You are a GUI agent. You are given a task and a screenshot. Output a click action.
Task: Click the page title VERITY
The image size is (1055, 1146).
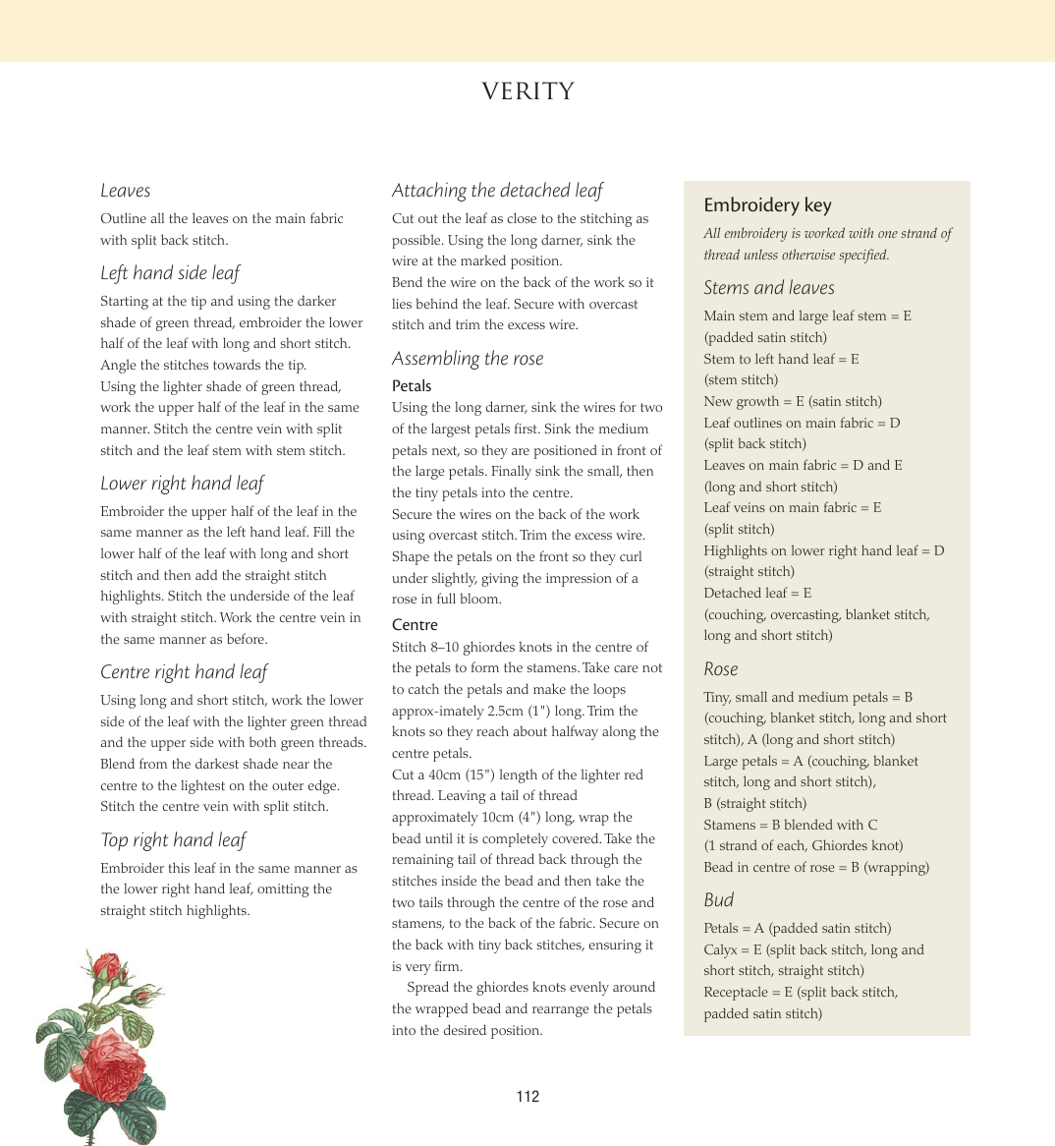pyautogui.click(x=527, y=91)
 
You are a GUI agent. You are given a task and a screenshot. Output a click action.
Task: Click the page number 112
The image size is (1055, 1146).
pyautogui.click(x=527, y=1097)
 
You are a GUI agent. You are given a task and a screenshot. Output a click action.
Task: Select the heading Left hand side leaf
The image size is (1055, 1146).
pyautogui.click(x=170, y=273)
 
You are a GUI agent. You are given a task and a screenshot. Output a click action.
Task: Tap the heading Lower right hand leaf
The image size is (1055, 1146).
pyautogui.click(x=182, y=484)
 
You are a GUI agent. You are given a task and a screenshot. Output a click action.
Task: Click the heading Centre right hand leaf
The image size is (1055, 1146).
pyautogui.click(x=184, y=672)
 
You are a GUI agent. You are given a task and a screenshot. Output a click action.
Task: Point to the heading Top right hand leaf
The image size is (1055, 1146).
pyautogui.click(x=173, y=840)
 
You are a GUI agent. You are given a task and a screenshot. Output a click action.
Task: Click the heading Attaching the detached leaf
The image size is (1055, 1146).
pyautogui.click(x=497, y=191)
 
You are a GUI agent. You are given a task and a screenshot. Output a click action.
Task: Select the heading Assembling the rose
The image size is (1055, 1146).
pyautogui.click(x=468, y=359)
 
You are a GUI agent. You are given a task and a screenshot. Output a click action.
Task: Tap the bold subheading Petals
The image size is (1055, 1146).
pyautogui.click(x=412, y=386)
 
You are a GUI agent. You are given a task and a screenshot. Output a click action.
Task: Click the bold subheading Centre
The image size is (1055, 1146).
pyautogui.click(x=415, y=625)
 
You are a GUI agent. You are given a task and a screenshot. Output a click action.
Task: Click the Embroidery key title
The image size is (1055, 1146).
pyautogui.click(x=767, y=205)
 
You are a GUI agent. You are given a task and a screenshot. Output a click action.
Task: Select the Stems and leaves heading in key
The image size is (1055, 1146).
pyautogui.click(x=769, y=288)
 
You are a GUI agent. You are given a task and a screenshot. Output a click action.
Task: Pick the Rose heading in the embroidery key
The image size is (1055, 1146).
pyautogui.click(x=720, y=669)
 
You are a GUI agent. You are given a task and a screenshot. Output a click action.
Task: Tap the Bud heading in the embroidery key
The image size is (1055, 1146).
pyautogui.click(x=718, y=900)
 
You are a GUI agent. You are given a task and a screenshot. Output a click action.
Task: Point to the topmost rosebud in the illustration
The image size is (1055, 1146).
pyautogui.click(x=107, y=967)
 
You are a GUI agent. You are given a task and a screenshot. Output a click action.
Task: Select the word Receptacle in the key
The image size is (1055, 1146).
pyautogui.click(x=736, y=992)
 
